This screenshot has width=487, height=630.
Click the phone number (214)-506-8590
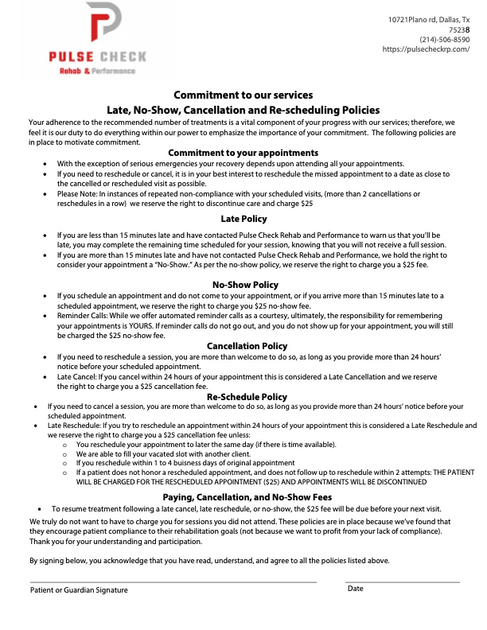(x=444, y=39)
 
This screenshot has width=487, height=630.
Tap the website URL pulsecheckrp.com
(x=426, y=49)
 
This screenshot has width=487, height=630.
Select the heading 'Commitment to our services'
(x=243, y=95)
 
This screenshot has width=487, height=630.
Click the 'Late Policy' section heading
(x=243, y=219)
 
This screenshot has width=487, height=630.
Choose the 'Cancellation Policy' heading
(x=247, y=346)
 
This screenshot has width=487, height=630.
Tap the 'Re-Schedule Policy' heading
(x=247, y=396)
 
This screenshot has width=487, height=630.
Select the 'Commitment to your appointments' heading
(x=243, y=153)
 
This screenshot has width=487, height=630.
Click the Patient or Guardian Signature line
(x=173, y=581)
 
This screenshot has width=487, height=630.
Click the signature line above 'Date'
(x=402, y=581)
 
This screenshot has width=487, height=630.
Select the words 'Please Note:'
(x=78, y=193)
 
